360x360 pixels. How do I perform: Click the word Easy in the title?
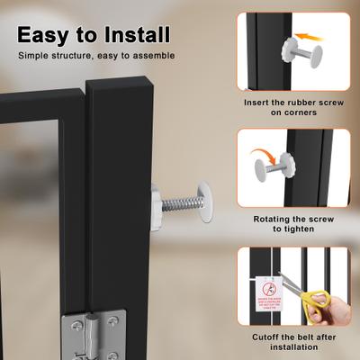tap(46, 35)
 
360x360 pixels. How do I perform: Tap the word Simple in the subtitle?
tap(37, 57)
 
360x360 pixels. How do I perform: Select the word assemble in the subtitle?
tap(148, 57)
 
